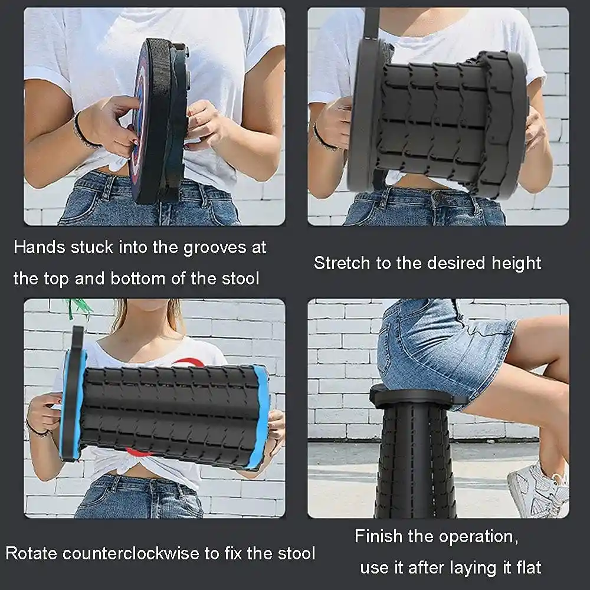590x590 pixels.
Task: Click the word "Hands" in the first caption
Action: (x=39, y=247)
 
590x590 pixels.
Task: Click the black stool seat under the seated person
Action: (x=416, y=396)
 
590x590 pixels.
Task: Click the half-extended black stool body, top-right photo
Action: (x=431, y=124)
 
